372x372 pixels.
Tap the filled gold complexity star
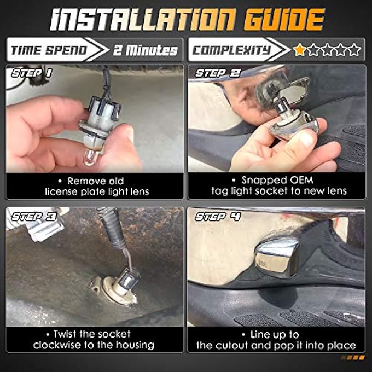point(299,50)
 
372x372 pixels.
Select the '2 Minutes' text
point(145,50)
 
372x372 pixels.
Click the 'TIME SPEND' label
point(49,50)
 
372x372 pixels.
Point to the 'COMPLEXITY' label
point(231,50)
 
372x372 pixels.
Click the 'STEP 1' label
point(31,73)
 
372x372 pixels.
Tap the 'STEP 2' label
point(218,73)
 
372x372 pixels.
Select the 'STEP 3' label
point(34,217)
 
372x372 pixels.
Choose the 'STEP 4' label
point(218,217)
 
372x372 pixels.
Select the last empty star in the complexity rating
point(354,50)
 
